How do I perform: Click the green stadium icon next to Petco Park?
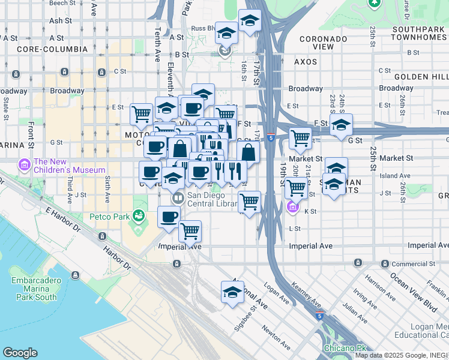pos(139,214)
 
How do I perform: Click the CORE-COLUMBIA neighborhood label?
pos(46,49)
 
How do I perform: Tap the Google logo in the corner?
pos(20,353)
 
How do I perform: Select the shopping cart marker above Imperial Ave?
pos(190,230)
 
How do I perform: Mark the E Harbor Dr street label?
pos(62,220)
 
